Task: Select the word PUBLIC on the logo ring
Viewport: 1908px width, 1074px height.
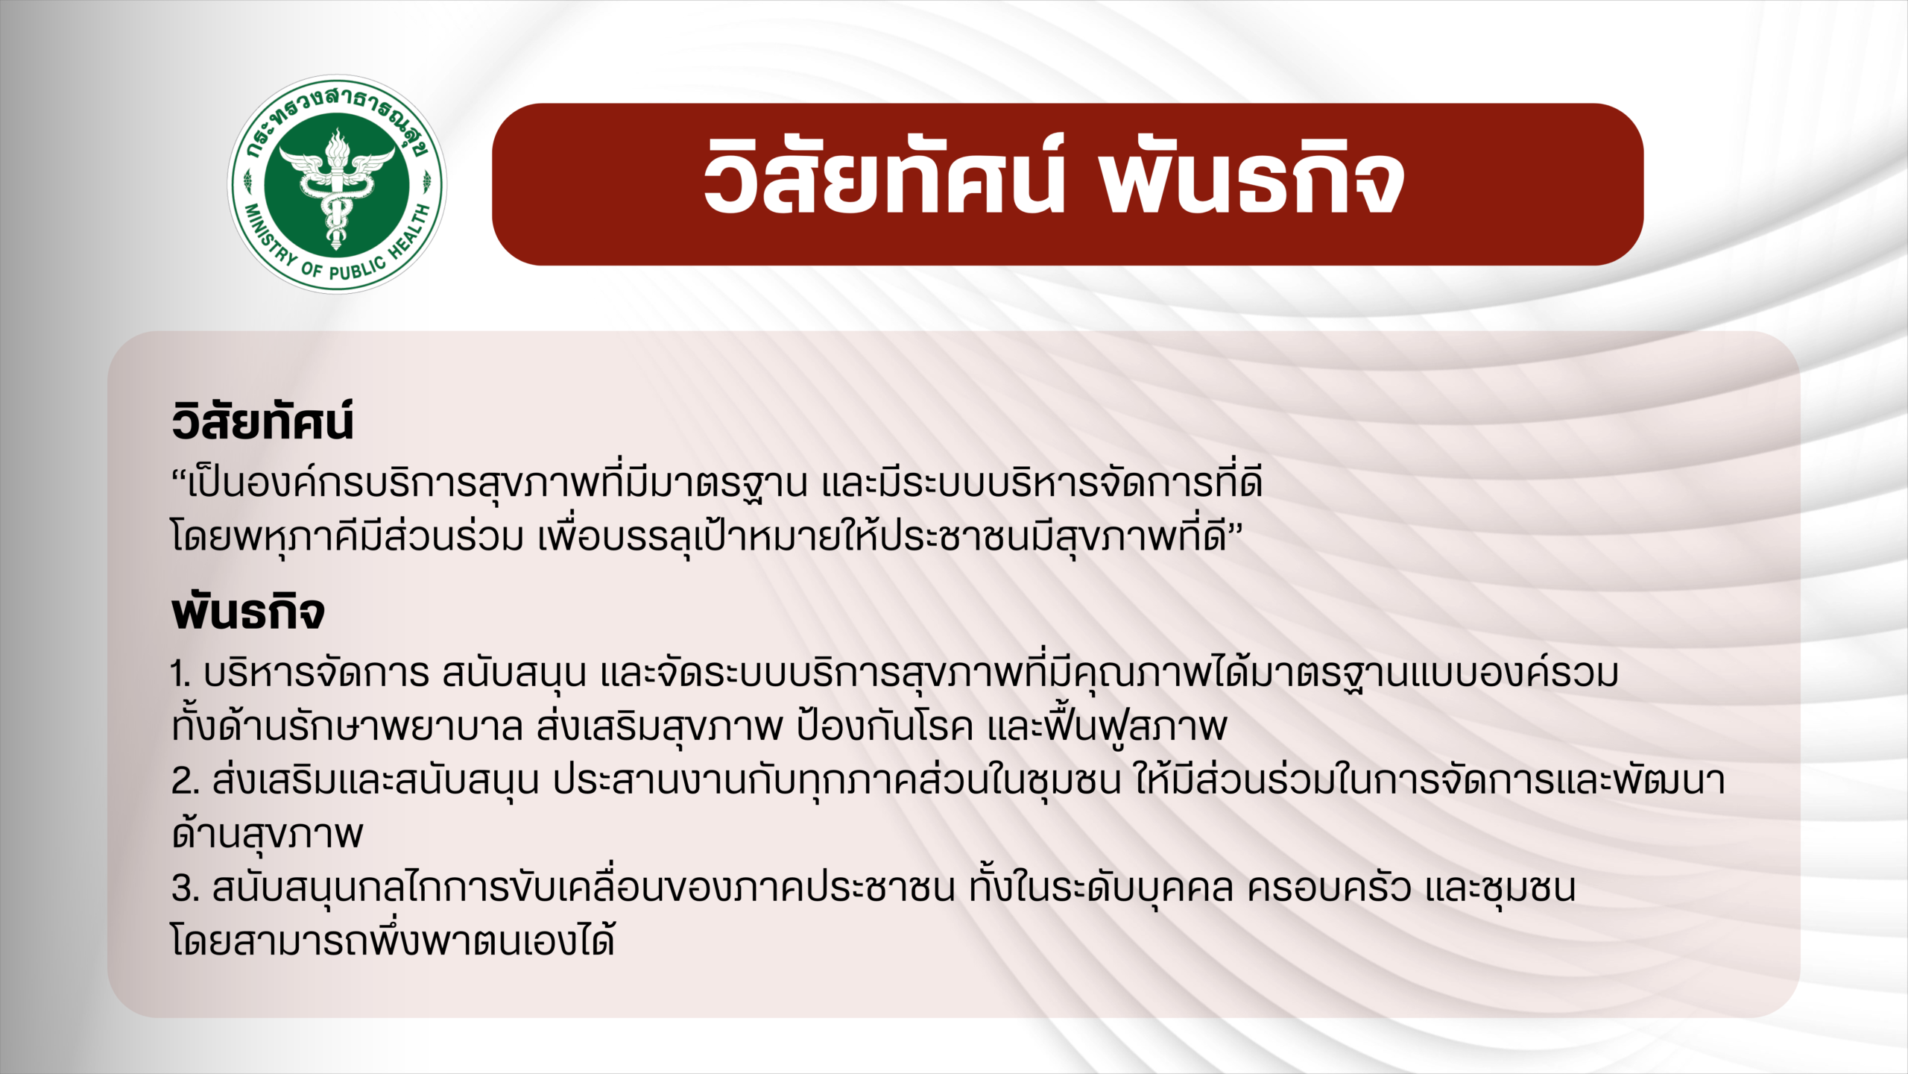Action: pyautogui.click(x=357, y=268)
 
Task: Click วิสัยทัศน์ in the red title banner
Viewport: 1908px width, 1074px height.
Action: pyautogui.click(x=884, y=178)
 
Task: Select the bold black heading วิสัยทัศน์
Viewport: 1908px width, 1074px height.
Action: pyautogui.click(x=262, y=421)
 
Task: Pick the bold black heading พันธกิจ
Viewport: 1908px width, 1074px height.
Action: pyautogui.click(x=248, y=612)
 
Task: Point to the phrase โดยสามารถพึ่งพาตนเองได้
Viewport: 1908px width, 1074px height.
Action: pyautogui.click(x=393, y=939)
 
